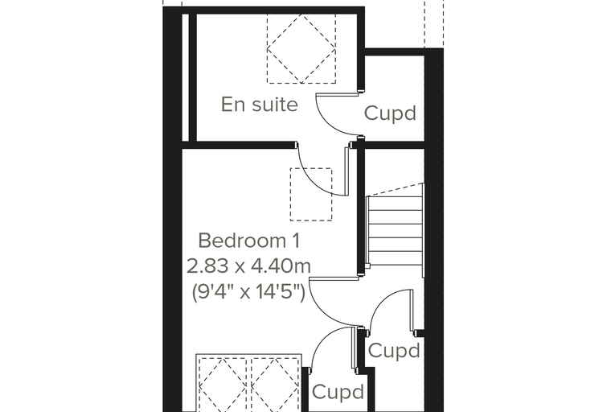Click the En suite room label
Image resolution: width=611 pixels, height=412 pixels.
pos(259,105)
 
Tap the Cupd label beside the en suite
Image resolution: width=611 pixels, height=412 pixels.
pos(390,113)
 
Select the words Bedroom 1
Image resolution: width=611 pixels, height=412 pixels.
pos(249,241)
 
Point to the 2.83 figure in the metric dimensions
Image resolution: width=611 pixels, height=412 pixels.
pos(208,266)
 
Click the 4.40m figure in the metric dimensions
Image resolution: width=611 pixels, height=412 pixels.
pos(281,266)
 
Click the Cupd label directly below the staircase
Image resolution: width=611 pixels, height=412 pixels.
pos(394,350)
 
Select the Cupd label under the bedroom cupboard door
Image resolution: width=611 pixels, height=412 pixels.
pos(338,392)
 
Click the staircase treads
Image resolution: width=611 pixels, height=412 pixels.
pos(395,229)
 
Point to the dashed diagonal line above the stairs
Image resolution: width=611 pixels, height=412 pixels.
pos(395,189)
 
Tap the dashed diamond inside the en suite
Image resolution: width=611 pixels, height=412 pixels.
pos(301,48)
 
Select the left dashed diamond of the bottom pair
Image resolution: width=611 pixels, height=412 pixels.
pos(223,385)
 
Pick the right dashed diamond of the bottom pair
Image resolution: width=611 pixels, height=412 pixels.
pos(275,385)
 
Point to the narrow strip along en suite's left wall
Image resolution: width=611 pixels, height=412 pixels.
pos(186,77)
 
